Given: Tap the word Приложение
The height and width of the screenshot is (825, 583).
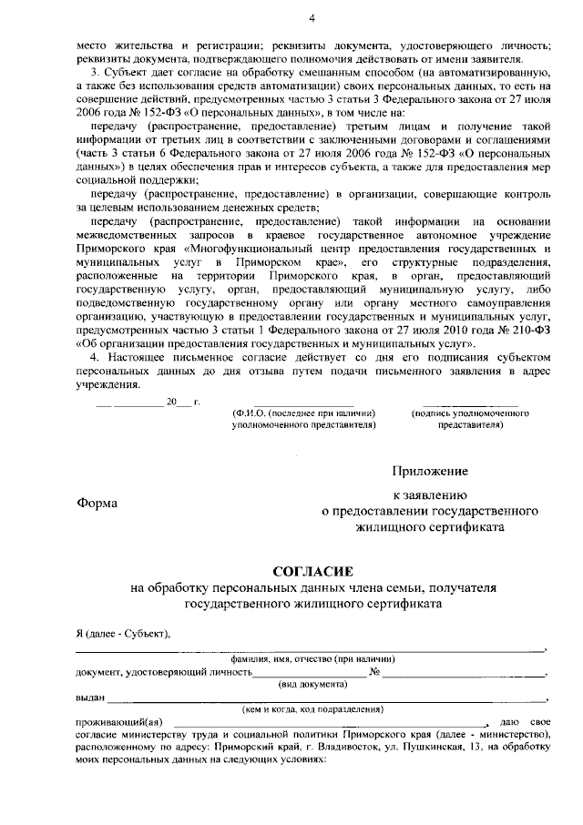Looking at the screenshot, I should [x=430, y=471].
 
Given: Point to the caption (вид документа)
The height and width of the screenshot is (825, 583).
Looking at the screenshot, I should [x=312, y=683].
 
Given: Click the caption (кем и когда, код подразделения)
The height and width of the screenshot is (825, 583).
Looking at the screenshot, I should [x=312, y=708].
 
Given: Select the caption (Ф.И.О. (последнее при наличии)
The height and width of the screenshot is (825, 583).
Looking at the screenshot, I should [x=304, y=413].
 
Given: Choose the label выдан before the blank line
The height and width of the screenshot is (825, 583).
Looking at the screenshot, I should [x=89, y=697].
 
